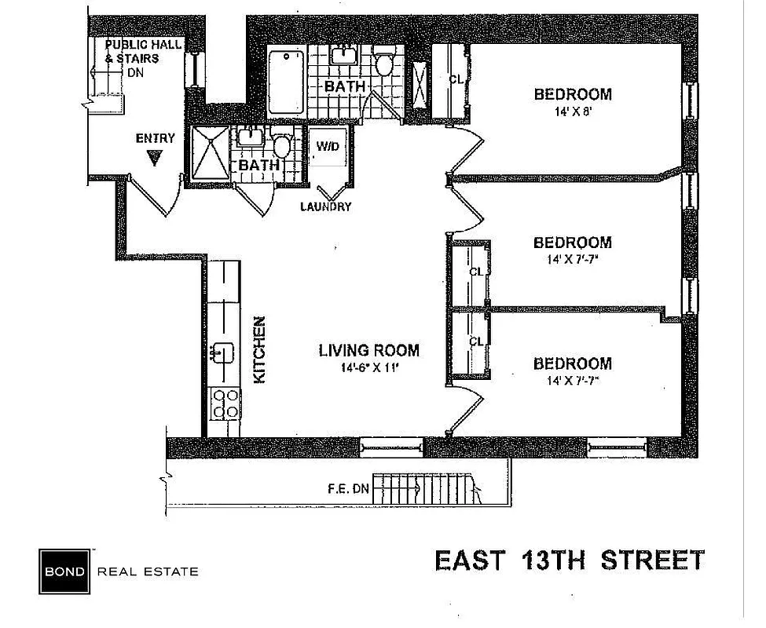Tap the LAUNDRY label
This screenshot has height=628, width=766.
pyautogui.click(x=325, y=207)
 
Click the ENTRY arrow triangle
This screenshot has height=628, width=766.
pyautogui.click(x=155, y=158)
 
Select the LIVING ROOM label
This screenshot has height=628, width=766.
pyautogui.click(x=368, y=351)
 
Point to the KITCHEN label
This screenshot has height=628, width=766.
pyautogui.click(x=260, y=349)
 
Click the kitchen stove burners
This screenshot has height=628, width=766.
pyautogui.click(x=225, y=403)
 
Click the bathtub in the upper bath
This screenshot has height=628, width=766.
pyautogui.click(x=286, y=81)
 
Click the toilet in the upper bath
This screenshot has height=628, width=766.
pyautogui.click(x=384, y=63)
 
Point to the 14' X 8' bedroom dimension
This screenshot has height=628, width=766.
pyautogui.click(x=572, y=111)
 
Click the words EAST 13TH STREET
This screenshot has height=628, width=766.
pyautogui.click(x=570, y=560)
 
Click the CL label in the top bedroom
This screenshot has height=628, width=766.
pyautogui.click(x=456, y=78)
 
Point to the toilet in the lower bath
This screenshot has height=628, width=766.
pyautogui.click(x=281, y=145)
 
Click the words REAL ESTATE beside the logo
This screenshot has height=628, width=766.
pyautogui.click(x=147, y=571)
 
